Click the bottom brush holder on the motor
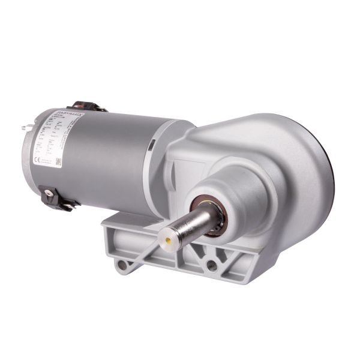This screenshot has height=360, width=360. (x=53, y=196)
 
